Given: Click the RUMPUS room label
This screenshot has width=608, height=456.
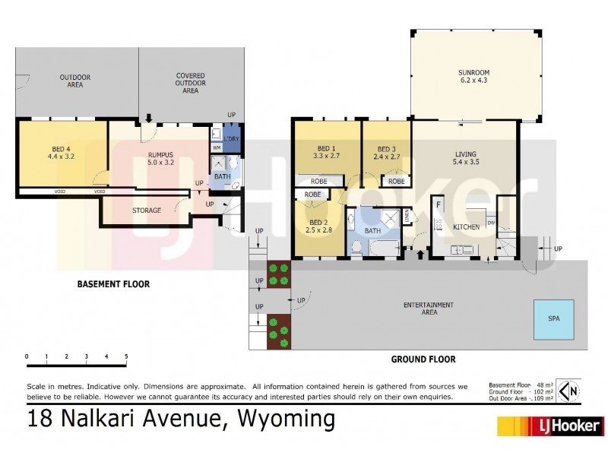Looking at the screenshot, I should point(160,158).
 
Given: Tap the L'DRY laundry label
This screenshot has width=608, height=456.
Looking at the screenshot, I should point(231,138).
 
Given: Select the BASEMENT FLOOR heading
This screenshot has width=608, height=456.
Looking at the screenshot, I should point(114,284).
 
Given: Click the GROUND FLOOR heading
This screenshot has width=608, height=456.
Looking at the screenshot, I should point(423,359).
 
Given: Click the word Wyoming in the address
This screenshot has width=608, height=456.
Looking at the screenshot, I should point(287,419).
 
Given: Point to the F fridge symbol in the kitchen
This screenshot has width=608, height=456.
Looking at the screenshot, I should point(439,205).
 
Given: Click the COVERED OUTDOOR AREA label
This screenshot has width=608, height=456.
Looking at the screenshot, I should point(190,83).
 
